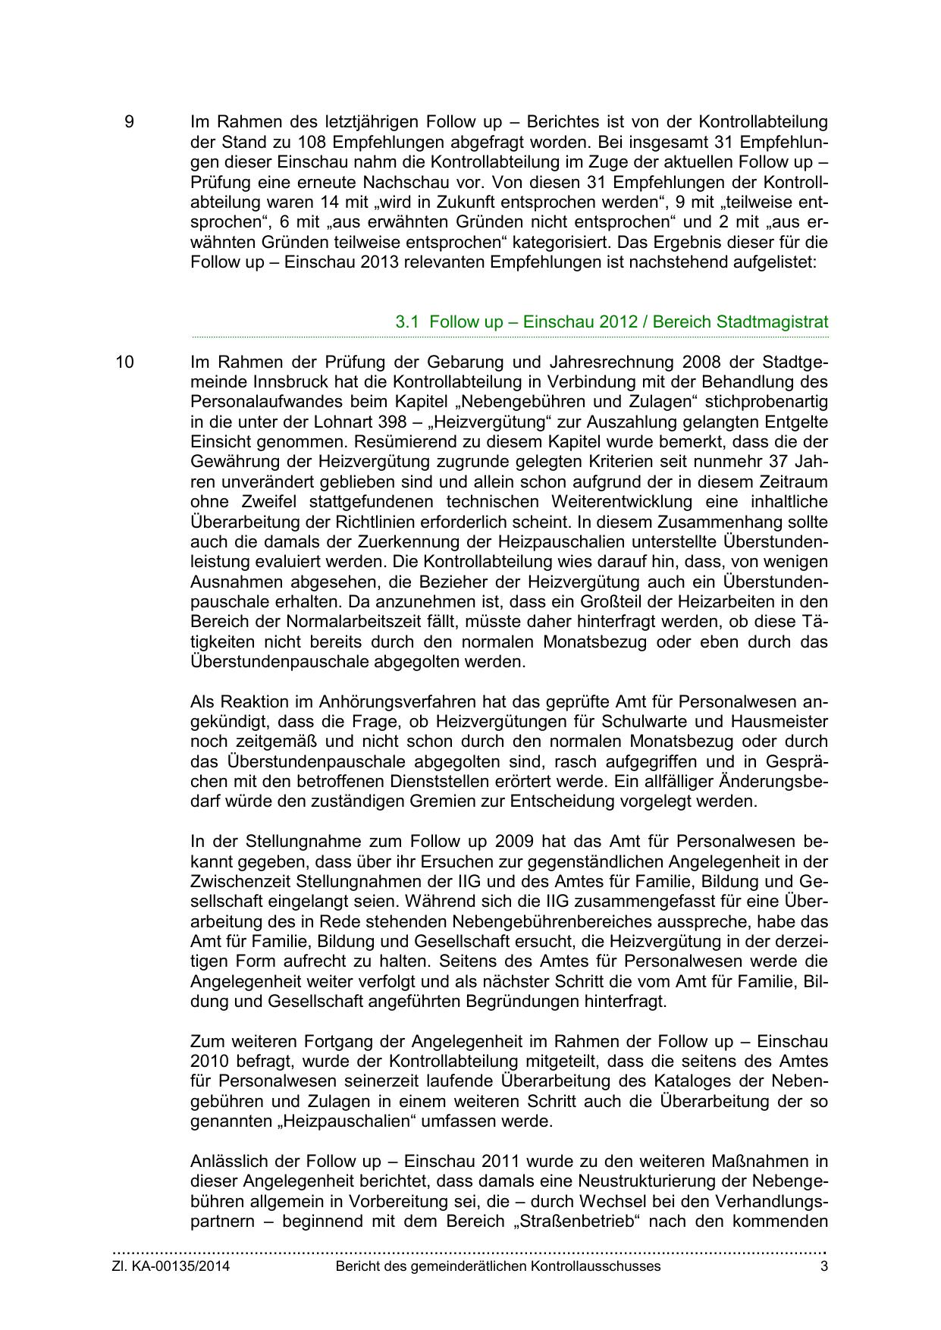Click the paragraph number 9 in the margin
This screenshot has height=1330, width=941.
[129, 122]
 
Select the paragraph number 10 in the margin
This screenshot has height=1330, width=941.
[124, 362]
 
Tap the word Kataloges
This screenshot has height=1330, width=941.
[676, 1081]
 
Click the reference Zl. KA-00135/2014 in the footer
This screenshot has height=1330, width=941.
[171, 1266]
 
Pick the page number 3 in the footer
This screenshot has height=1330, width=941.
[823, 1266]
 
